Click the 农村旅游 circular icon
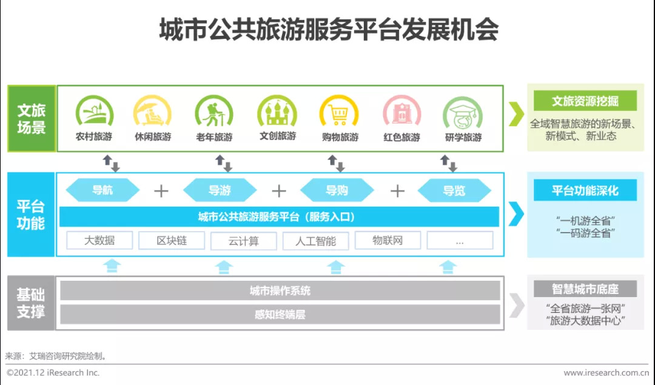tap(94, 112)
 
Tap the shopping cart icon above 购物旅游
tap(339, 113)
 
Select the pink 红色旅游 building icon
tap(401, 113)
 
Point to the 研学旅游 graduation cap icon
tap(463, 113)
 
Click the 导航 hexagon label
tap(102, 190)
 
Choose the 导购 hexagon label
tap(337, 190)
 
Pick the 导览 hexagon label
tap(454, 190)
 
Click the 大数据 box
tap(99, 241)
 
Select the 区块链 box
tap(172, 241)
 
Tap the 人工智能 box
tap(316, 241)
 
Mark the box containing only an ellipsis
tap(460, 241)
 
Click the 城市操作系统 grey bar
tap(280, 291)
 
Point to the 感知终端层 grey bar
tap(280, 315)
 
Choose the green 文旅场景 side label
tap(31, 119)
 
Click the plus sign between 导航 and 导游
tap(161, 191)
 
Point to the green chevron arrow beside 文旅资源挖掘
tap(516, 114)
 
